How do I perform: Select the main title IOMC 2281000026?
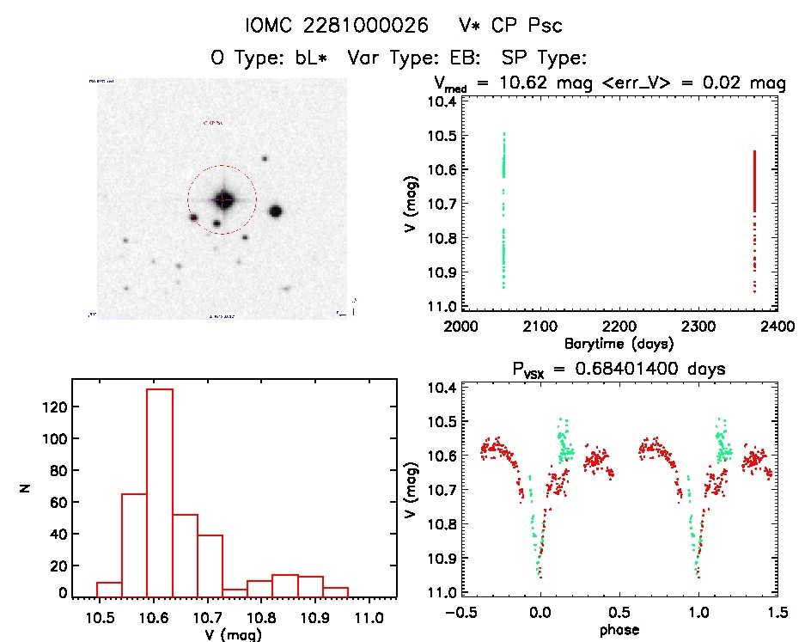(336, 26)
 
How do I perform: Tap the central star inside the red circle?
(223, 199)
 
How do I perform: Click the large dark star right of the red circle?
(276, 211)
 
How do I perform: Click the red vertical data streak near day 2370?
(754, 180)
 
